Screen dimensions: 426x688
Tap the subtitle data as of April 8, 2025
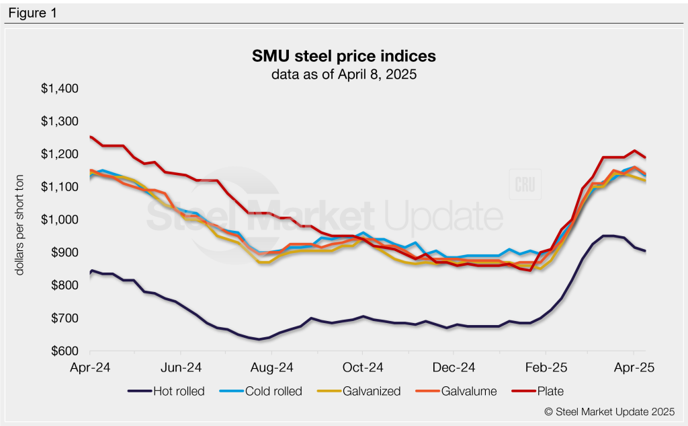coord(344,75)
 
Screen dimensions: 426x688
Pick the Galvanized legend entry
coord(368,391)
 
